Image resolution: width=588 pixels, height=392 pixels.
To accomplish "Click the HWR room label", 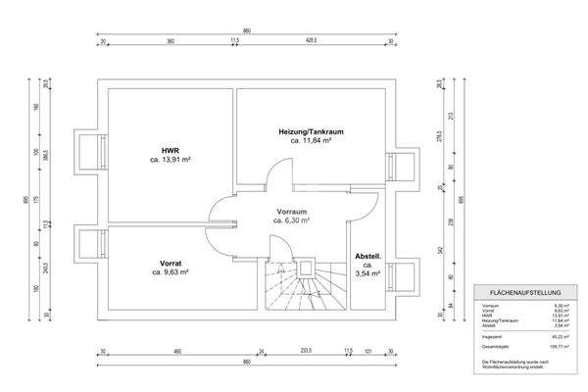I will [169, 149].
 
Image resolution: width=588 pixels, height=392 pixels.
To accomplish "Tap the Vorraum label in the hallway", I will [291, 211].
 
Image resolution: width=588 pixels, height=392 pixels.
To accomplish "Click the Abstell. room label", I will [368, 256].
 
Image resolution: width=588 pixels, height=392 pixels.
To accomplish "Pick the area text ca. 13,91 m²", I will [169, 159].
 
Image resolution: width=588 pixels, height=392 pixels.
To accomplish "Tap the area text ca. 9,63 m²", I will [169, 272].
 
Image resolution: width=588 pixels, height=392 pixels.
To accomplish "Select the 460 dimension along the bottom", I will [177, 351].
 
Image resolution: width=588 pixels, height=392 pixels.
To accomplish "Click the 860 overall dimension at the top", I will [247, 30].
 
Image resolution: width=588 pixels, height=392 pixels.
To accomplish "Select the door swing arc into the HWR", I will [221, 209].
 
